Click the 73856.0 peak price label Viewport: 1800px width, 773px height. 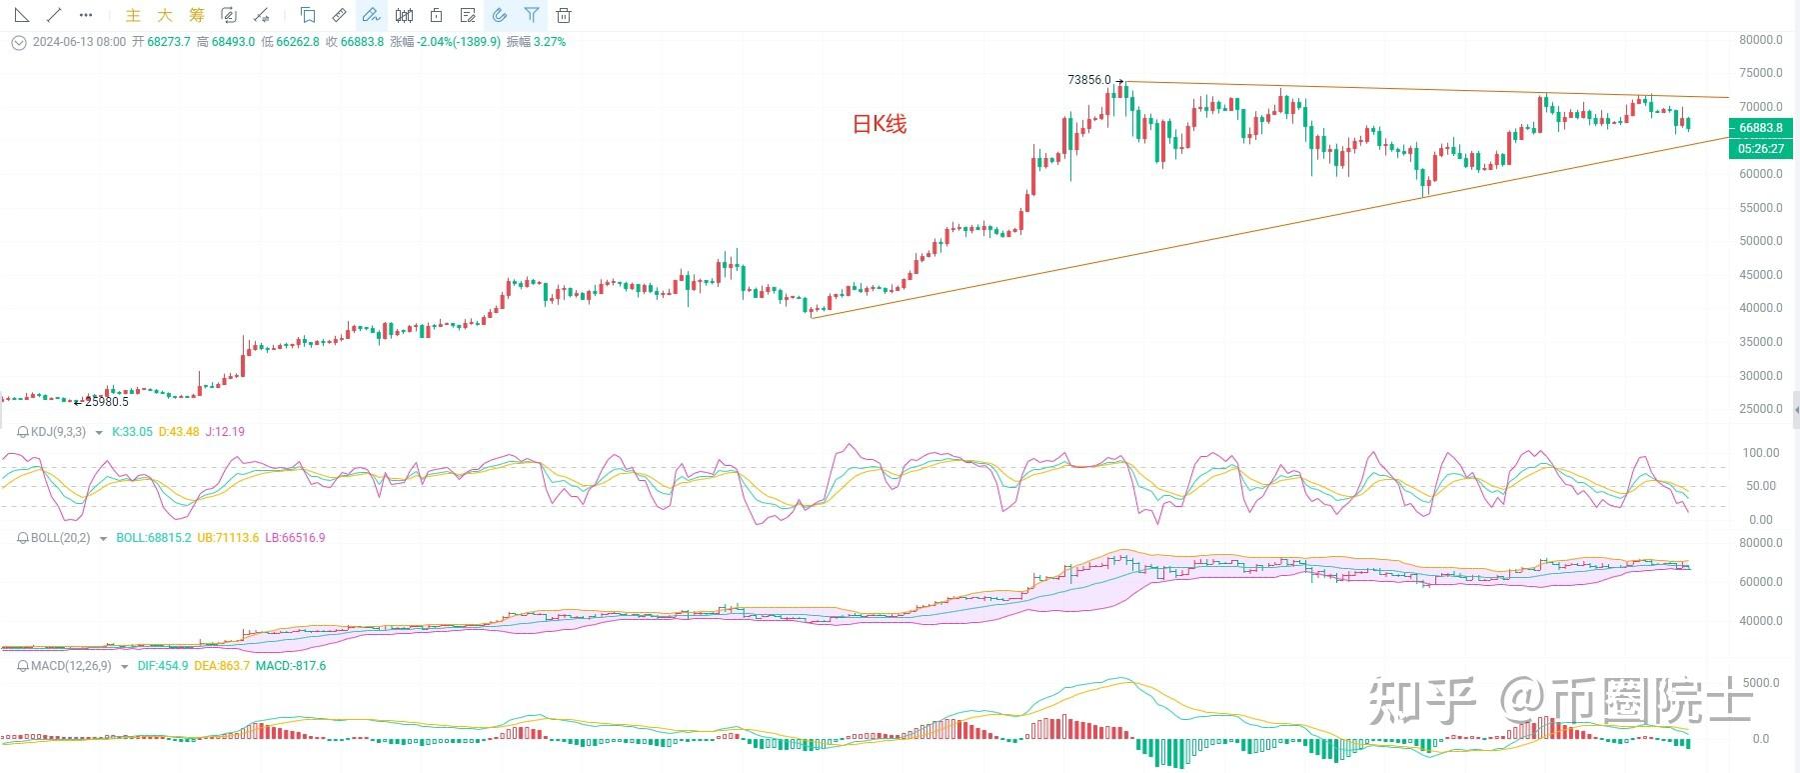pyautogui.click(x=1088, y=80)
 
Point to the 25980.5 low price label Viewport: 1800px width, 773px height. pyautogui.click(x=107, y=402)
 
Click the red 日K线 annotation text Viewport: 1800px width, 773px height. pyautogui.click(x=879, y=124)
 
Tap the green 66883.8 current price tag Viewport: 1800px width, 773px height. pyautogui.click(x=1760, y=128)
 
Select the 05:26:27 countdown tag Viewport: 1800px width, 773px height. pyautogui.click(x=1760, y=149)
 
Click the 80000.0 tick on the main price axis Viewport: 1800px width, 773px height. pyautogui.click(x=1760, y=40)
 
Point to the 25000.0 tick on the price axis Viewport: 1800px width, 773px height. pyautogui.click(x=1760, y=409)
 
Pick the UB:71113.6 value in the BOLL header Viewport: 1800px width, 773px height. pyautogui.click(x=228, y=538)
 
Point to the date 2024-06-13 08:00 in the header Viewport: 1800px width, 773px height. pyautogui.click(x=79, y=42)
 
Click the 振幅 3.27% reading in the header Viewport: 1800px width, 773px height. pyautogui.click(x=536, y=42)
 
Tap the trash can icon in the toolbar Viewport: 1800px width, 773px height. pyautogui.click(x=564, y=15)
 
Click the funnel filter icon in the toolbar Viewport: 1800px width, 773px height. pyautogui.click(x=532, y=15)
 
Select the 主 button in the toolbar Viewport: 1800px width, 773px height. pyautogui.click(x=133, y=15)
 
